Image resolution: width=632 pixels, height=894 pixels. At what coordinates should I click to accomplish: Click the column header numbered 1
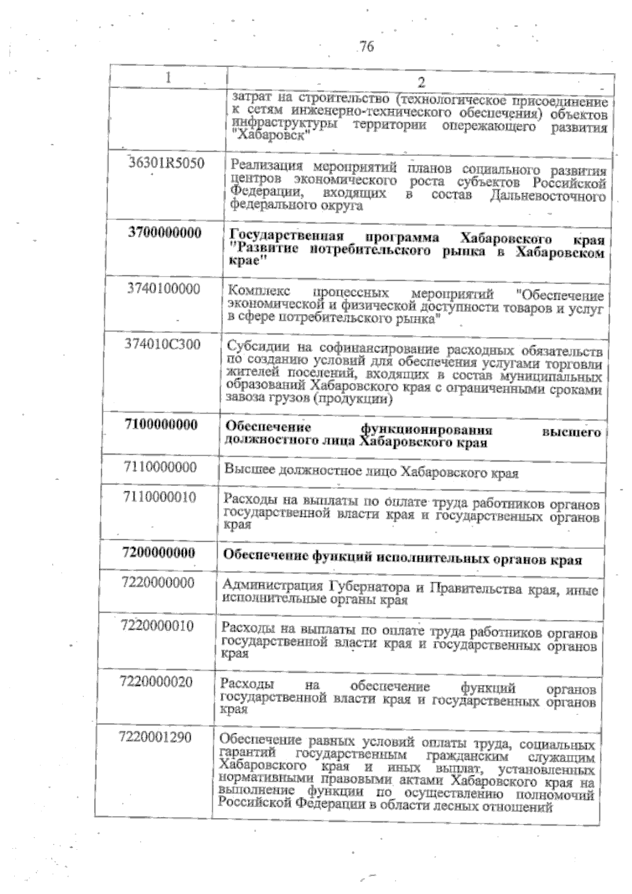tap(168, 77)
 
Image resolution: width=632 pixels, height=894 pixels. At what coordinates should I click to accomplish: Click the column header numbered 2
tap(421, 82)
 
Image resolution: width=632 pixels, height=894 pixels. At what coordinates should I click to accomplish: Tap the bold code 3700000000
tap(165, 232)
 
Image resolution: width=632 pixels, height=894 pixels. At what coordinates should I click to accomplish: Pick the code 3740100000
tap(164, 289)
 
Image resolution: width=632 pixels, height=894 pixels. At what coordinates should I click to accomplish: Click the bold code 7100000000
tap(161, 425)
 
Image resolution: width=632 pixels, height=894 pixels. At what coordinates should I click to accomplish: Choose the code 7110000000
tap(160, 467)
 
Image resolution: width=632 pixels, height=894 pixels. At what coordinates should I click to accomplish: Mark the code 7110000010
tap(160, 497)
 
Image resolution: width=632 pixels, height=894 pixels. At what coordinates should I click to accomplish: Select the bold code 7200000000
tap(159, 553)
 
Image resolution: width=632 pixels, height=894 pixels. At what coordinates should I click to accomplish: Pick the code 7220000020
tap(156, 682)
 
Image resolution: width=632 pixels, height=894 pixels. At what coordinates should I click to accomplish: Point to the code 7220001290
tap(155, 737)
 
